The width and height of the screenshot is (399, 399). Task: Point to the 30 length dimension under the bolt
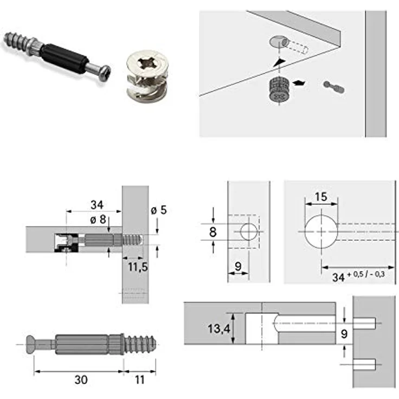[81, 379]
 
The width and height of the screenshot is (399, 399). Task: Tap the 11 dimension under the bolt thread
[139, 379]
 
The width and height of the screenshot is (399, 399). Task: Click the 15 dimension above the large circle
[320, 197]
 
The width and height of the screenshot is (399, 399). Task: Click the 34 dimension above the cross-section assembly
[96, 205]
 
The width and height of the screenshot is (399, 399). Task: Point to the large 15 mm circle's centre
[320, 231]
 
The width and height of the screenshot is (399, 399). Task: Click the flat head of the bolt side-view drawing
[31, 344]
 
